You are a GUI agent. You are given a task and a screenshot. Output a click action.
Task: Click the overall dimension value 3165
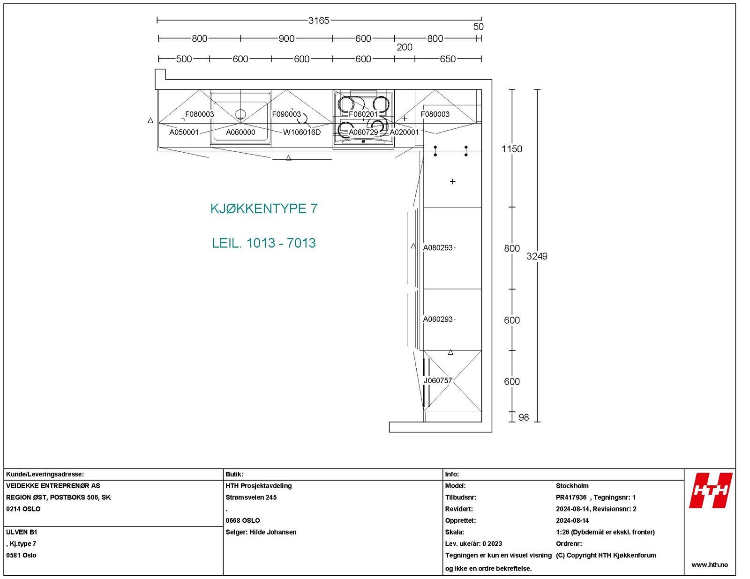(318, 21)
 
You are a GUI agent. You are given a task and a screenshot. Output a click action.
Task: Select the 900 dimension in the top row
(286, 39)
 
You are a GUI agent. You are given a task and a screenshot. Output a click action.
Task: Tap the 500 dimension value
(184, 59)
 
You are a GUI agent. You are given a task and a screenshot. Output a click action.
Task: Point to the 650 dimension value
(447, 59)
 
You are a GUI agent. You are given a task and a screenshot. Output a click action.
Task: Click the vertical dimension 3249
(537, 256)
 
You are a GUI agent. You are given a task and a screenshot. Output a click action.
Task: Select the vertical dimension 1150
(511, 149)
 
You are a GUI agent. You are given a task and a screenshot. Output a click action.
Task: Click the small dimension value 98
(524, 417)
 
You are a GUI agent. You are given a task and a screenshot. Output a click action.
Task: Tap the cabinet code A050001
(184, 133)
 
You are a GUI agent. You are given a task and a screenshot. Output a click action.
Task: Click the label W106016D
(301, 133)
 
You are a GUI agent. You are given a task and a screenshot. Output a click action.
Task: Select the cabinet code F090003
(286, 114)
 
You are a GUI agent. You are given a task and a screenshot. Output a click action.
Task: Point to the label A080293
(438, 248)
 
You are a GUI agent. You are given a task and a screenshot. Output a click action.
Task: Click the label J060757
(438, 381)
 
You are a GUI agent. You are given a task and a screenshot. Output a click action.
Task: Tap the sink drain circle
(240, 114)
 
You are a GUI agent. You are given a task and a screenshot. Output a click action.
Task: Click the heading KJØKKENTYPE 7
(264, 209)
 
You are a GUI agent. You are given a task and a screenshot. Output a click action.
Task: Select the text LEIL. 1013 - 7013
(264, 243)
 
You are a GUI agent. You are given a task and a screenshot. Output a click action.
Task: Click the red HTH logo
(710, 490)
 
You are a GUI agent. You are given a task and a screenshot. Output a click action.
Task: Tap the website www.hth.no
(710, 565)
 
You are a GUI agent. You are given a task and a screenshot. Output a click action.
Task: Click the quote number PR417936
(571, 497)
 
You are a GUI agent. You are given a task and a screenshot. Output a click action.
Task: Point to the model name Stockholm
(572, 486)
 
